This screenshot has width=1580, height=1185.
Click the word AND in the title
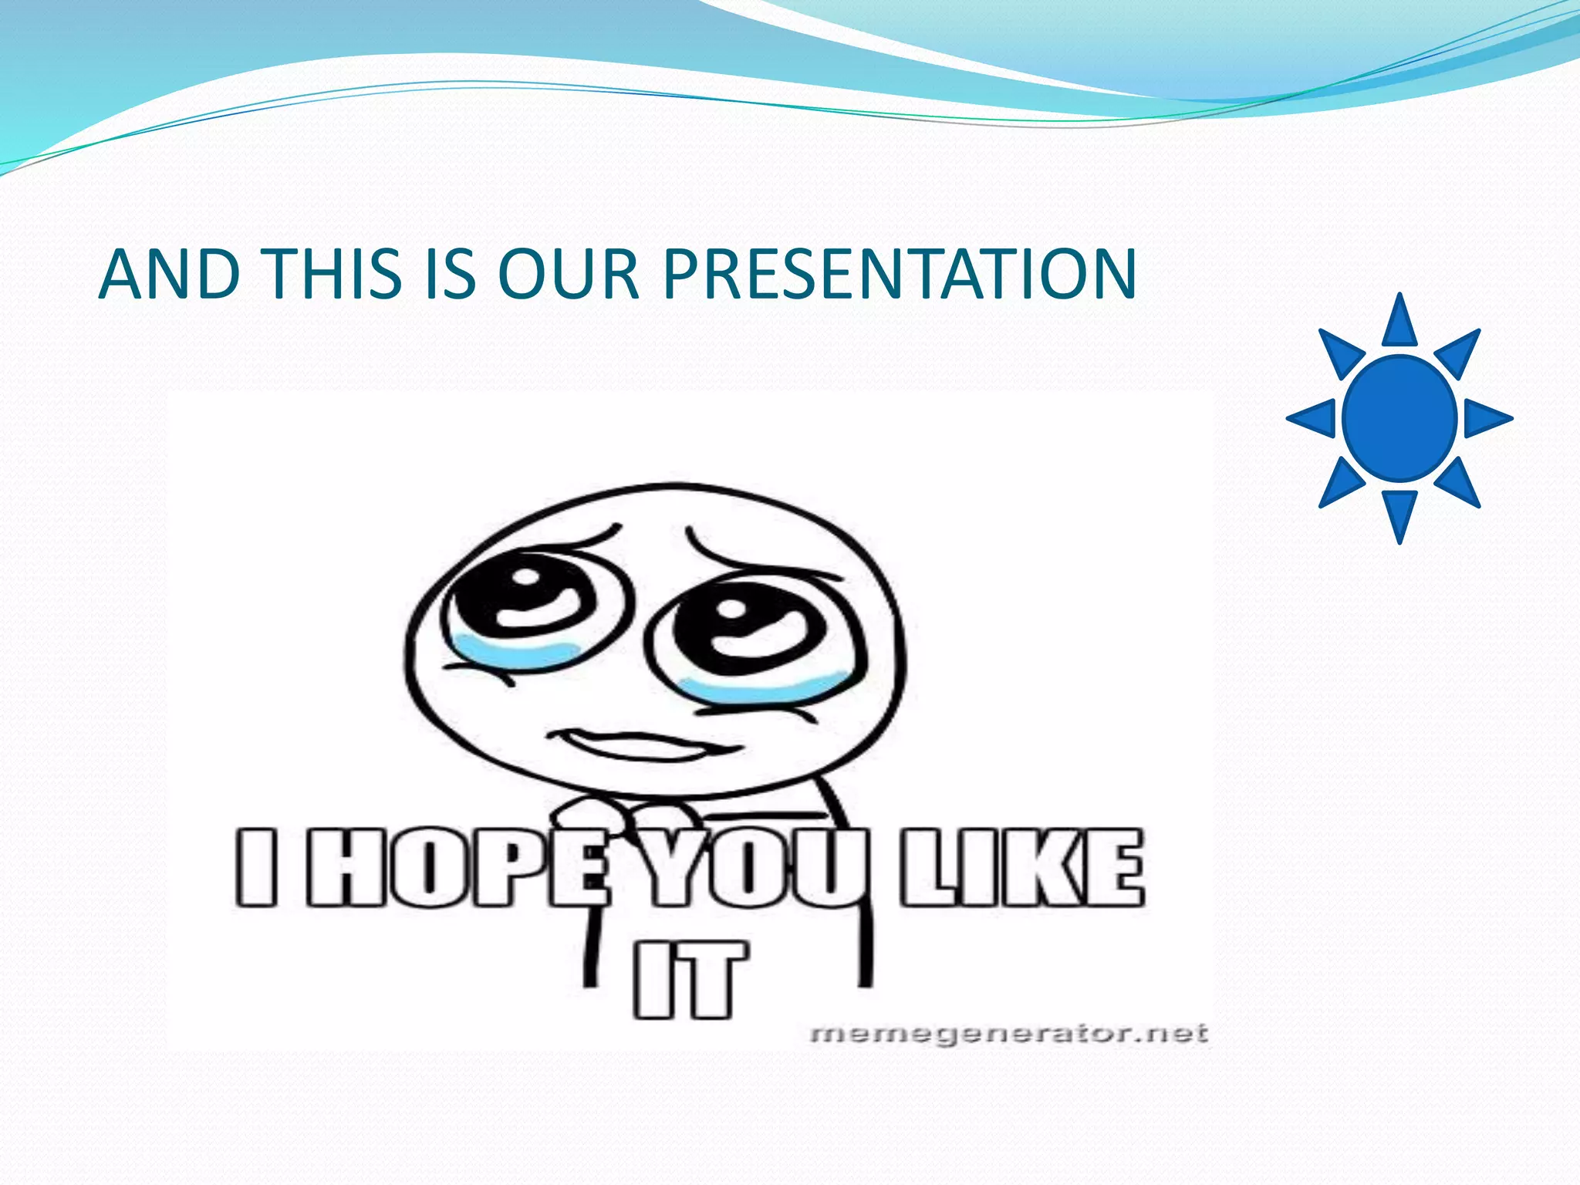point(169,275)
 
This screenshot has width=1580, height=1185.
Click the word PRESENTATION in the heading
point(900,275)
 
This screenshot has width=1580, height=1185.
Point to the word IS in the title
point(451,275)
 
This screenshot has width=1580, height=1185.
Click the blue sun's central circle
point(1399,418)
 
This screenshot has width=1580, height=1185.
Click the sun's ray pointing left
point(1314,418)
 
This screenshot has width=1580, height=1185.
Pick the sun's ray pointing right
point(1485,418)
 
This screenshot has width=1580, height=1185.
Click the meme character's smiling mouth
point(640,744)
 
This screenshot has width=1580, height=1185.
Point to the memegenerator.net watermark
point(1009,1034)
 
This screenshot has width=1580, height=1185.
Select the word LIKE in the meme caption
point(1022,867)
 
